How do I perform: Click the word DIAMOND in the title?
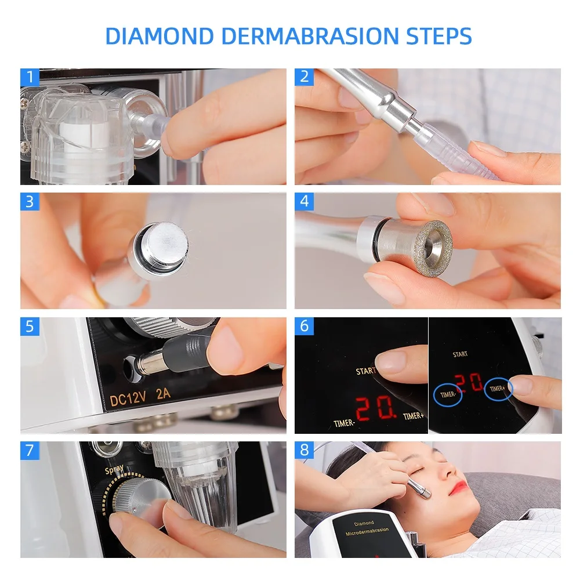159,36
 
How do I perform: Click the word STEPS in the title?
438,36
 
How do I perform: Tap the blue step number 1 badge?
30,77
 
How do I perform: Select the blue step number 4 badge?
304,202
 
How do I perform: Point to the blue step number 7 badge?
30,451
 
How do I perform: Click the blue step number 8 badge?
304,451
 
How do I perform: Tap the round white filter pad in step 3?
165,245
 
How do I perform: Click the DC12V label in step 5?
128,398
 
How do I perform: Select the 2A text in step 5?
163,394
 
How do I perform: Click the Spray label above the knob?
114,469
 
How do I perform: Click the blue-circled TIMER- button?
448,394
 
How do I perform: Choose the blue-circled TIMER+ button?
498,389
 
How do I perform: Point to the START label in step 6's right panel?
460,354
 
